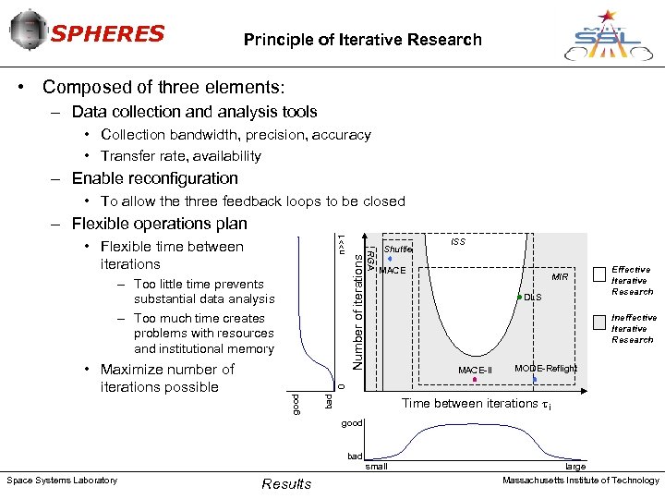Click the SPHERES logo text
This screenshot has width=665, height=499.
[x=106, y=34]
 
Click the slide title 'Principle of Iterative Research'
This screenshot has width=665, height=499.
[x=362, y=40]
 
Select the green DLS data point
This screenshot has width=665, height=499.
[x=520, y=297]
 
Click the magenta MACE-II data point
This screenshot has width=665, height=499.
[x=475, y=380]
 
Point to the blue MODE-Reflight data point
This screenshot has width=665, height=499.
[x=535, y=379]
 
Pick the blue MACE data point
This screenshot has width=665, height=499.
[x=391, y=259]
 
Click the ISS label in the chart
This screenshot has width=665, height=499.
[x=457, y=242]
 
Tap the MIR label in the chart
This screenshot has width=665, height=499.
[x=560, y=277]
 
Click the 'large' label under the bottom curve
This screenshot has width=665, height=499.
[x=574, y=467]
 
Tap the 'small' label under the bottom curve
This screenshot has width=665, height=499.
[x=376, y=467]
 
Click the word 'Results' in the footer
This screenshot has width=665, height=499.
[x=286, y=484]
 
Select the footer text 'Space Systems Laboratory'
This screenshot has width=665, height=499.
[x=62, y=480]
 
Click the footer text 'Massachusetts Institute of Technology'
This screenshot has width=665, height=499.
[x=580, y=480]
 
